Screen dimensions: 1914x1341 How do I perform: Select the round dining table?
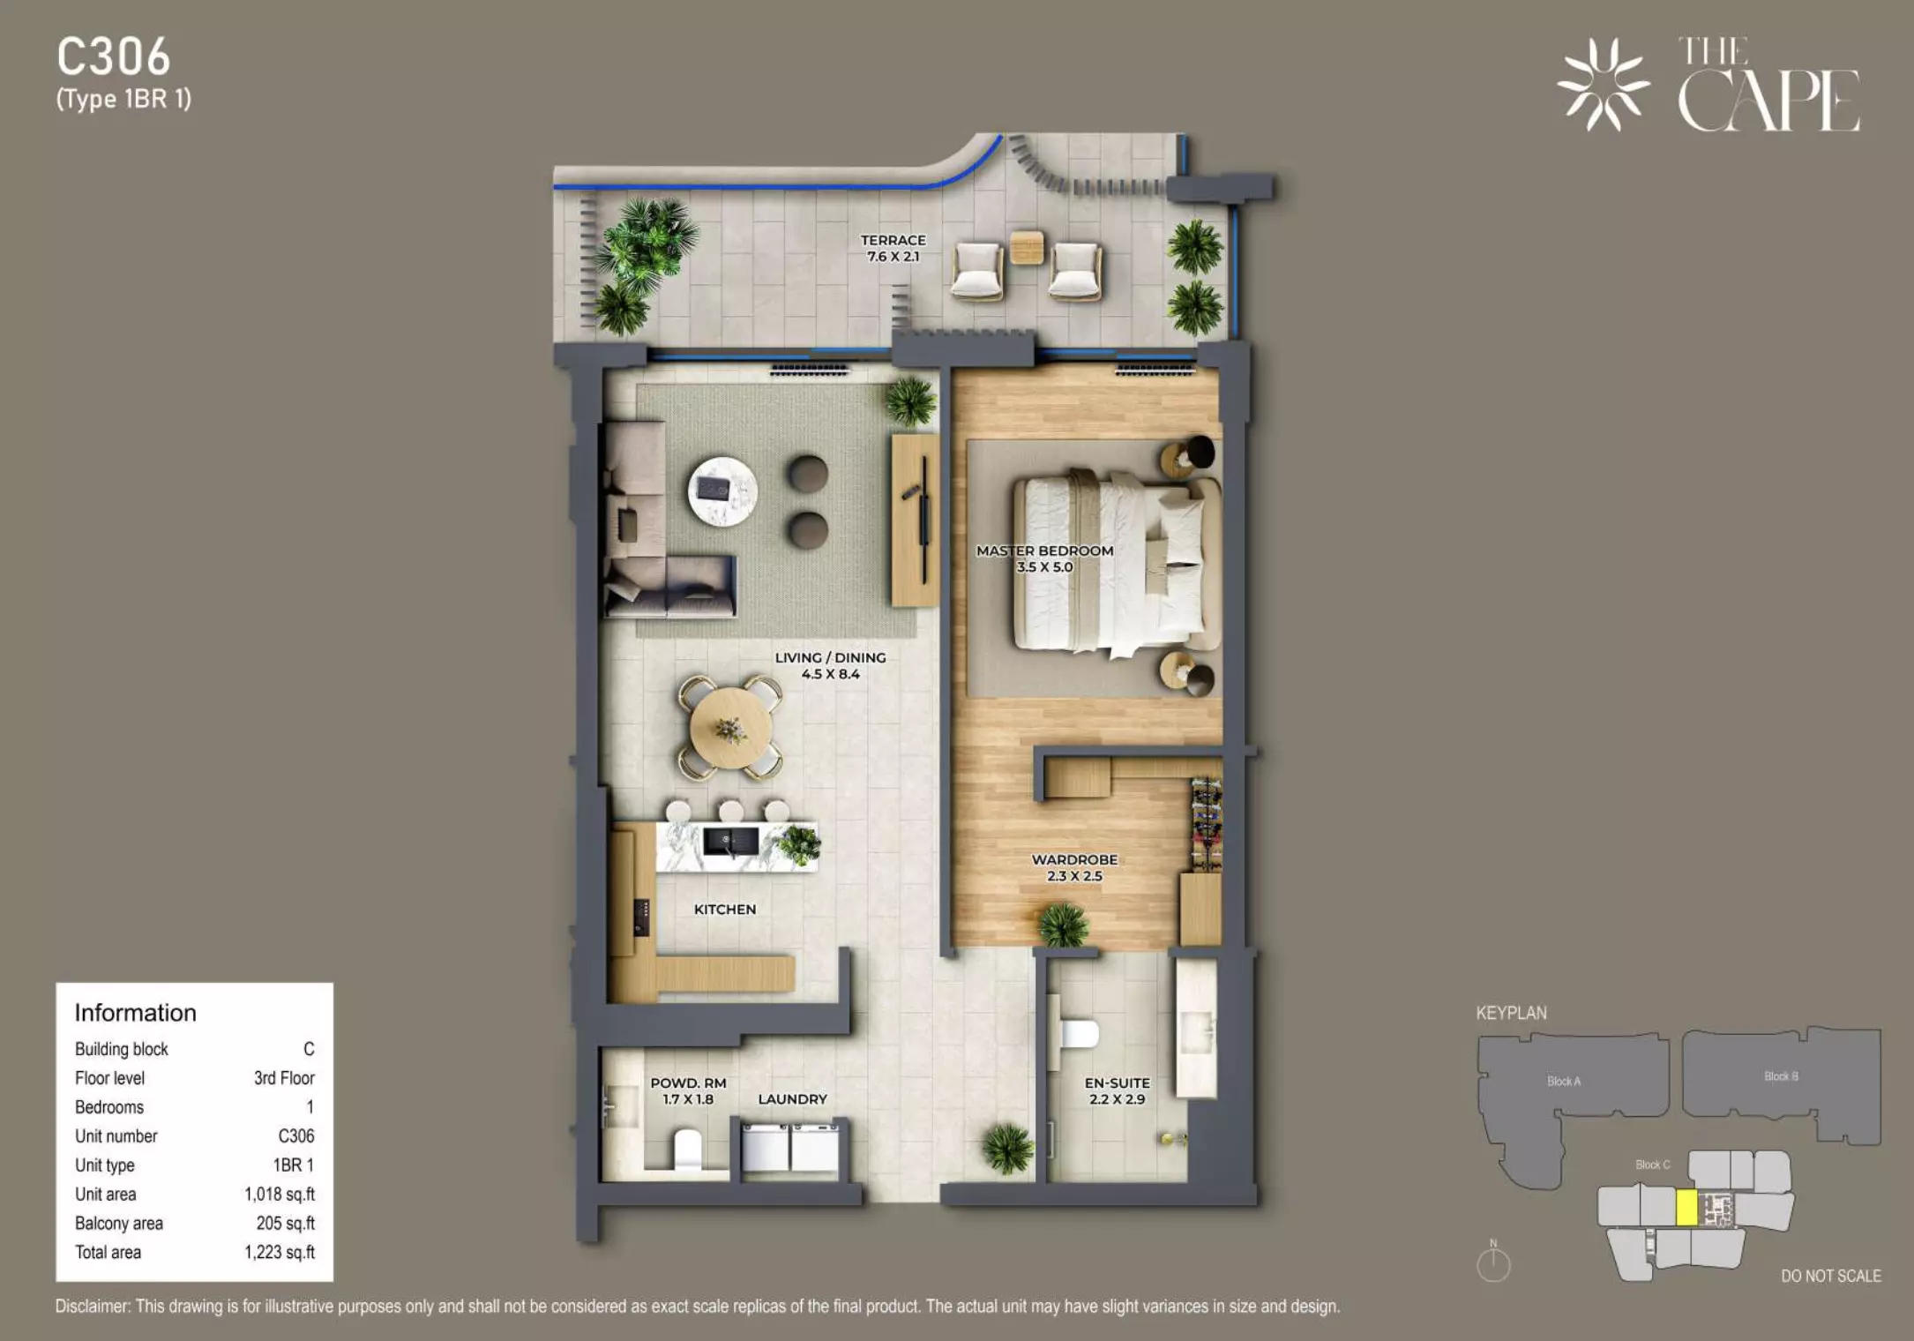730,728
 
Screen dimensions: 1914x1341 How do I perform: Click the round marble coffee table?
722,491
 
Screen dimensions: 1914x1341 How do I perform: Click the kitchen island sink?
730,841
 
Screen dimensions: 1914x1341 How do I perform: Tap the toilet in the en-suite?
1078,1034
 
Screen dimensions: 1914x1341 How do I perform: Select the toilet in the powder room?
687,1149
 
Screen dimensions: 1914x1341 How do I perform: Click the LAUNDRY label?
792,1099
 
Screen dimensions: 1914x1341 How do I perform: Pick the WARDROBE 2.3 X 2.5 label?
1074,867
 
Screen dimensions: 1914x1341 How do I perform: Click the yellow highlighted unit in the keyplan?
1686,1208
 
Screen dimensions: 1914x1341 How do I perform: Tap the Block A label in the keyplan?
1564,1081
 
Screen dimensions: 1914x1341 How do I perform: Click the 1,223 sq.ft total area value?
280,1252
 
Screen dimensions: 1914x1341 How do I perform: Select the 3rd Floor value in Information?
284,1077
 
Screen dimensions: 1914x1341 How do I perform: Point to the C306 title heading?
114,57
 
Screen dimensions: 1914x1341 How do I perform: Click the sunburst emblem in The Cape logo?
1603,85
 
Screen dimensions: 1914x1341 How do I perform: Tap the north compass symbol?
1493,1262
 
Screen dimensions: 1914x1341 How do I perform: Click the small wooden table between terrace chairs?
1027,247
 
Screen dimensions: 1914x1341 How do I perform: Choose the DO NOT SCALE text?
1831,1276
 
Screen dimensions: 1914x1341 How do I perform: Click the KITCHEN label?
725,910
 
